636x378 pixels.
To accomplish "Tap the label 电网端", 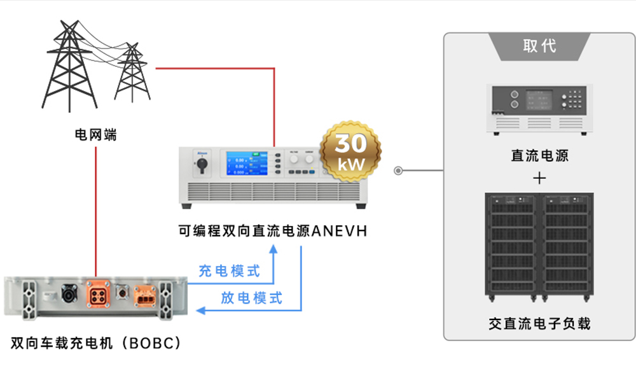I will click(96, 134).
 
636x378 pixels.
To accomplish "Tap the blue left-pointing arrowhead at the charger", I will click(200, 311).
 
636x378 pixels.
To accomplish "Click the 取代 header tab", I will click(539, 46).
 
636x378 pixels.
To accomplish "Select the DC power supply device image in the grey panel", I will click(539, 109).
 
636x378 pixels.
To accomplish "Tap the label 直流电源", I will click(539, 155).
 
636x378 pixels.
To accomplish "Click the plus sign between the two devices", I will click(539, 178).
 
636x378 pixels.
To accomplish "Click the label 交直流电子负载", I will click(539, 323).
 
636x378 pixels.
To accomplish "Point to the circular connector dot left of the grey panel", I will click(399, 171).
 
